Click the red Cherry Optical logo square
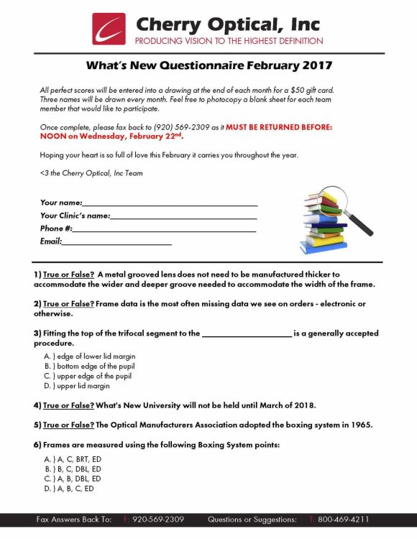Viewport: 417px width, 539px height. [x=109, y=29]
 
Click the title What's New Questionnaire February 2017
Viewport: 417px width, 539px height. [x=208, y=65]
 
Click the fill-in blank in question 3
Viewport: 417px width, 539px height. [x=247, y=333]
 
